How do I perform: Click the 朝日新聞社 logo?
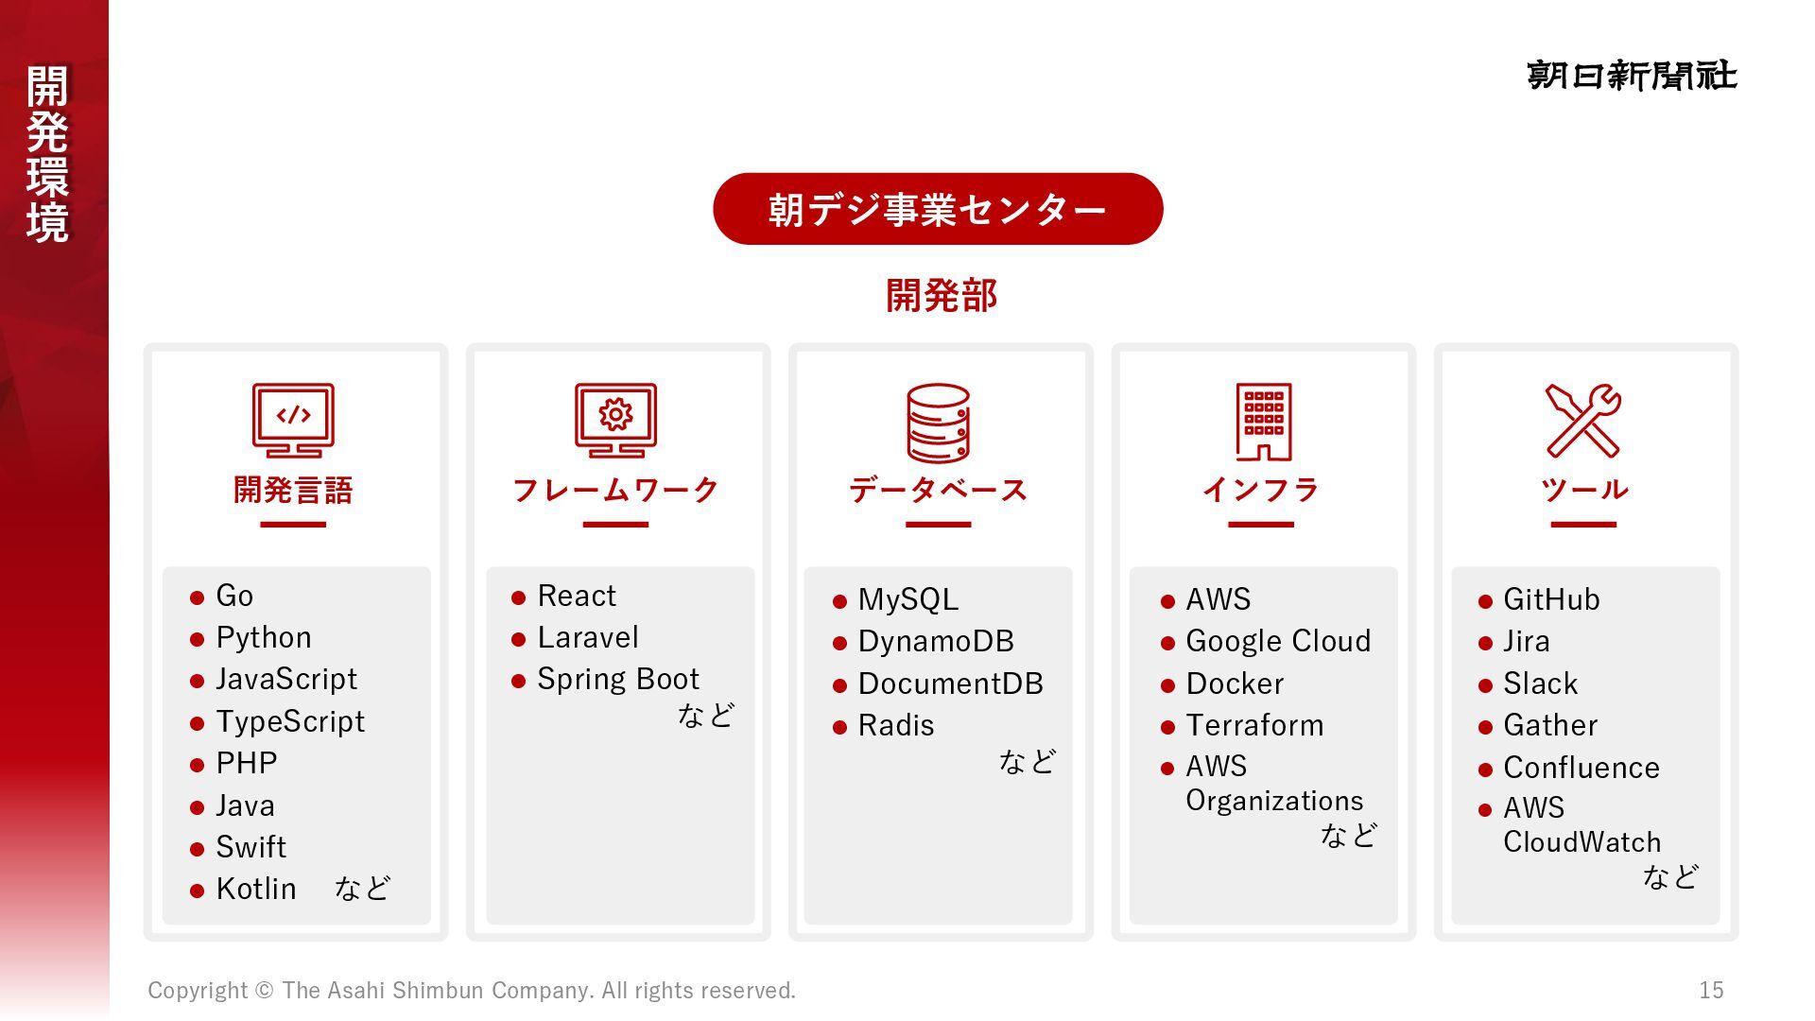(x=1632, y=76)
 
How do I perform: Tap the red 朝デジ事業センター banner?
(x=937, y=209)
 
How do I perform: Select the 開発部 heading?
(x=942, y=296)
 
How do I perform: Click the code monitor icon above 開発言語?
(x=293, y=420)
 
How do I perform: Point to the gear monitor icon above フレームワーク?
(x=615, y=420)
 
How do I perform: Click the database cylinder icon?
(x=938, y=423)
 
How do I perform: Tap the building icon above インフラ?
(x=1263, y=422)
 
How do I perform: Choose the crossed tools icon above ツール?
(x=1583, y=421)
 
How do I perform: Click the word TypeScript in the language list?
(x=290, y=722)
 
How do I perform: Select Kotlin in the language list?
(x=256, y=890)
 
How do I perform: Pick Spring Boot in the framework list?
(x=618, y=680)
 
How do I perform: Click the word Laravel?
(x=588, y=638)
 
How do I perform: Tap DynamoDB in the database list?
(x=936, y=642)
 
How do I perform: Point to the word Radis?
(x=896, y=726)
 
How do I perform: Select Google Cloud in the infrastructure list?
(x=1278, y=642)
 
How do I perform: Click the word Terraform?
(x=1254, y=726)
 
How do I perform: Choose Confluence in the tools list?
(x=1582, y=769)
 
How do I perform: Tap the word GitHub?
(x=1551, y=600)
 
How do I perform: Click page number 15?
(x=1711, y=991)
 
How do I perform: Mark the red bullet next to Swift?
(x=197, y=849)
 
